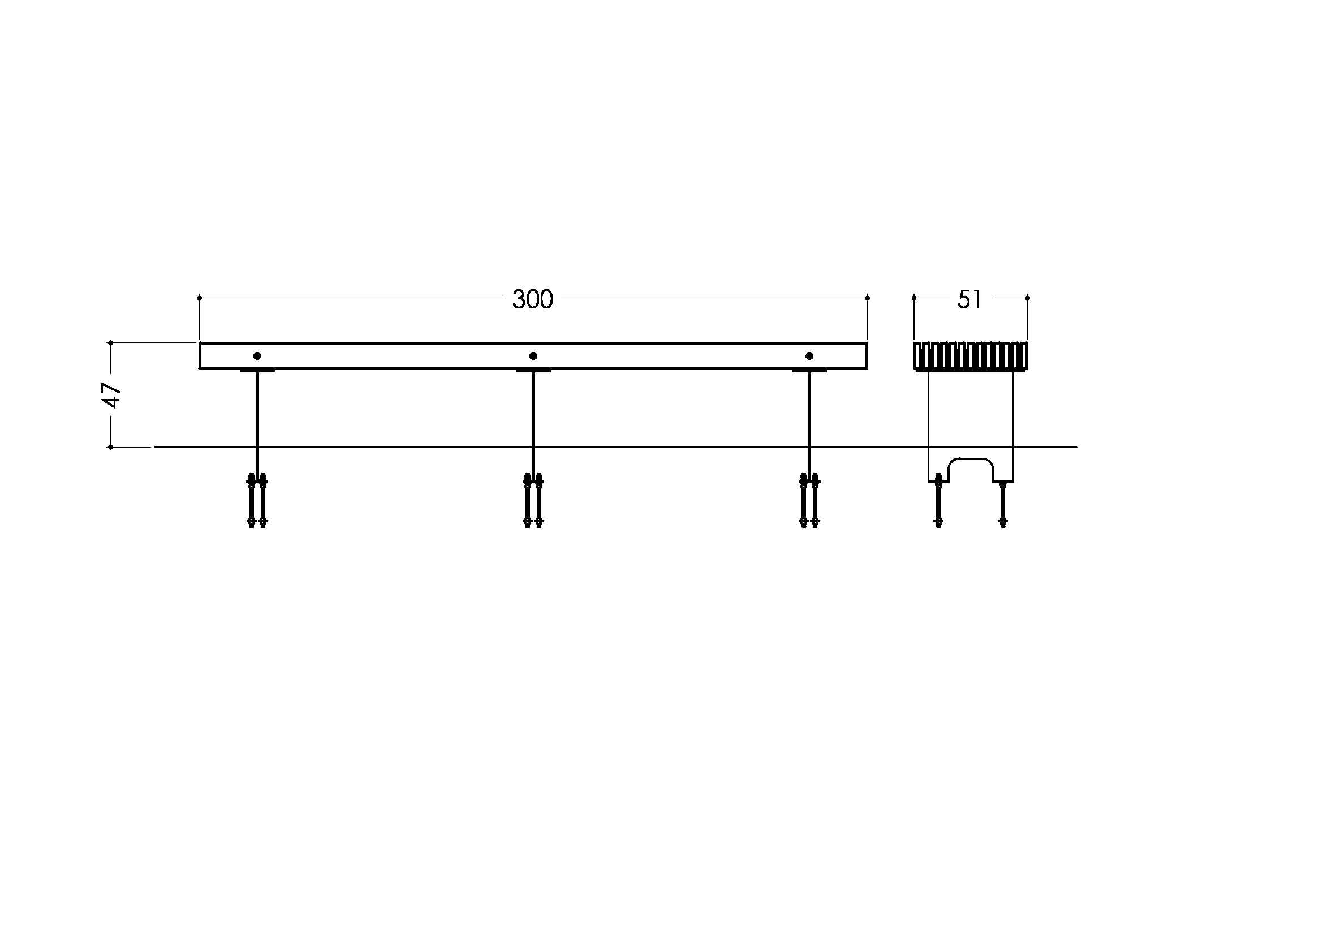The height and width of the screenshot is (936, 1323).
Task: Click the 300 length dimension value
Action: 532,300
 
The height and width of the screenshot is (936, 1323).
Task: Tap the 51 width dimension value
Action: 969,300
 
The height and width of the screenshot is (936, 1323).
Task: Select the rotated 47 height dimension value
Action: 112,395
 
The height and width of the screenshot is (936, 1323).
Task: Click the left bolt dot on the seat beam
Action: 257,356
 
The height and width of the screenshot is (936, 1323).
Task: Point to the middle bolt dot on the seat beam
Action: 533,356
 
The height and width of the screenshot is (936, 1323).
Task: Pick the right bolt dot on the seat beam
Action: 809,356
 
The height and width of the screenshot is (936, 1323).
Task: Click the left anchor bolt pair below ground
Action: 257,500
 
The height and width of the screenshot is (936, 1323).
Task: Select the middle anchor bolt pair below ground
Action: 533,500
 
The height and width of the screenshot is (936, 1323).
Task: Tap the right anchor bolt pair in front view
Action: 809,500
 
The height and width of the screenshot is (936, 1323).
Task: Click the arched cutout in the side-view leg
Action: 971,458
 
